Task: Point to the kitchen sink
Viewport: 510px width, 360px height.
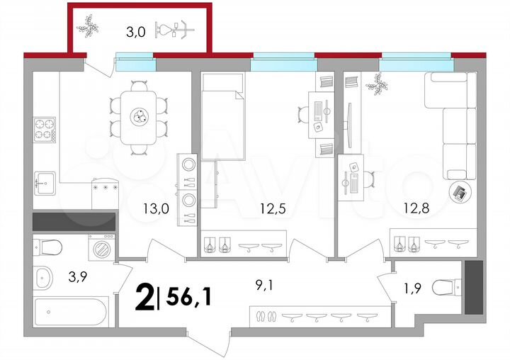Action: (45, 183)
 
